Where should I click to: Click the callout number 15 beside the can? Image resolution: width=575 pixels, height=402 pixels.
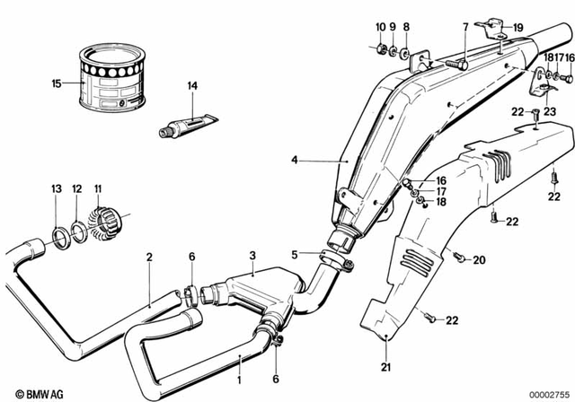pyautogui.click(x=57, y=83)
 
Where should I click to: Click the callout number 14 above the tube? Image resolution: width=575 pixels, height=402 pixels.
pyautogui.click(x=190, y=86)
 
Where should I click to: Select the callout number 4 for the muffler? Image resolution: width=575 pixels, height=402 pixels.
pyautogui.click(x=294, y=161)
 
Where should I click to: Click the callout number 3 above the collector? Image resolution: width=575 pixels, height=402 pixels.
pyautogui.click(x=253, y=256)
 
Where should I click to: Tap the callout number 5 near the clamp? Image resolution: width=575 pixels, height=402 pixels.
pyautogui.click(x=293, y=253)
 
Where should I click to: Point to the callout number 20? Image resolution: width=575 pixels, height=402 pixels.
pyautogui.click(x=478, y=260)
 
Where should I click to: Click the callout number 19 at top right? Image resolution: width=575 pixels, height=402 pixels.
pyautogui.click(x=517, y=28)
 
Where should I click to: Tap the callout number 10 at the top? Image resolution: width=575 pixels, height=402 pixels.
pyautogui.click(x=380, y=27)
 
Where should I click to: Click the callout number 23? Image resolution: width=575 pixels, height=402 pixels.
pyautogui.click(x=550, y=111)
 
